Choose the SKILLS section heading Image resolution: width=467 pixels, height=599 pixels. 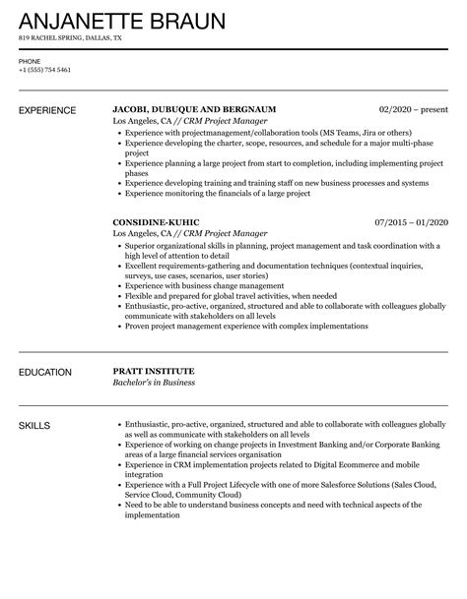point(34,425)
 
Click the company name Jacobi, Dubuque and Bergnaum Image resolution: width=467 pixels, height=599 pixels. point(194,108)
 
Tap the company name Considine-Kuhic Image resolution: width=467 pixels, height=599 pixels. point(157,222)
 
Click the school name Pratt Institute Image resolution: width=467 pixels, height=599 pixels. point(153,371)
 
